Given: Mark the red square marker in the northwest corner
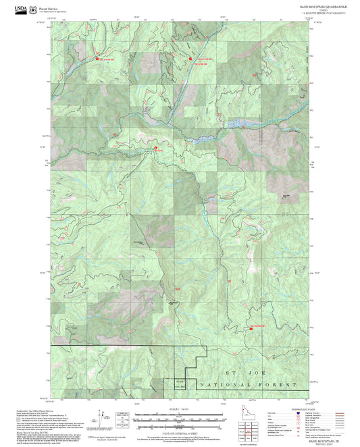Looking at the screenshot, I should point(96,58).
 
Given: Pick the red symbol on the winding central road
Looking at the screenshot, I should point(156,148).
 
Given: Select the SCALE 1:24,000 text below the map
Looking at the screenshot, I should point(180,408).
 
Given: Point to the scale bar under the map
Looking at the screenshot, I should point(180,417).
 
